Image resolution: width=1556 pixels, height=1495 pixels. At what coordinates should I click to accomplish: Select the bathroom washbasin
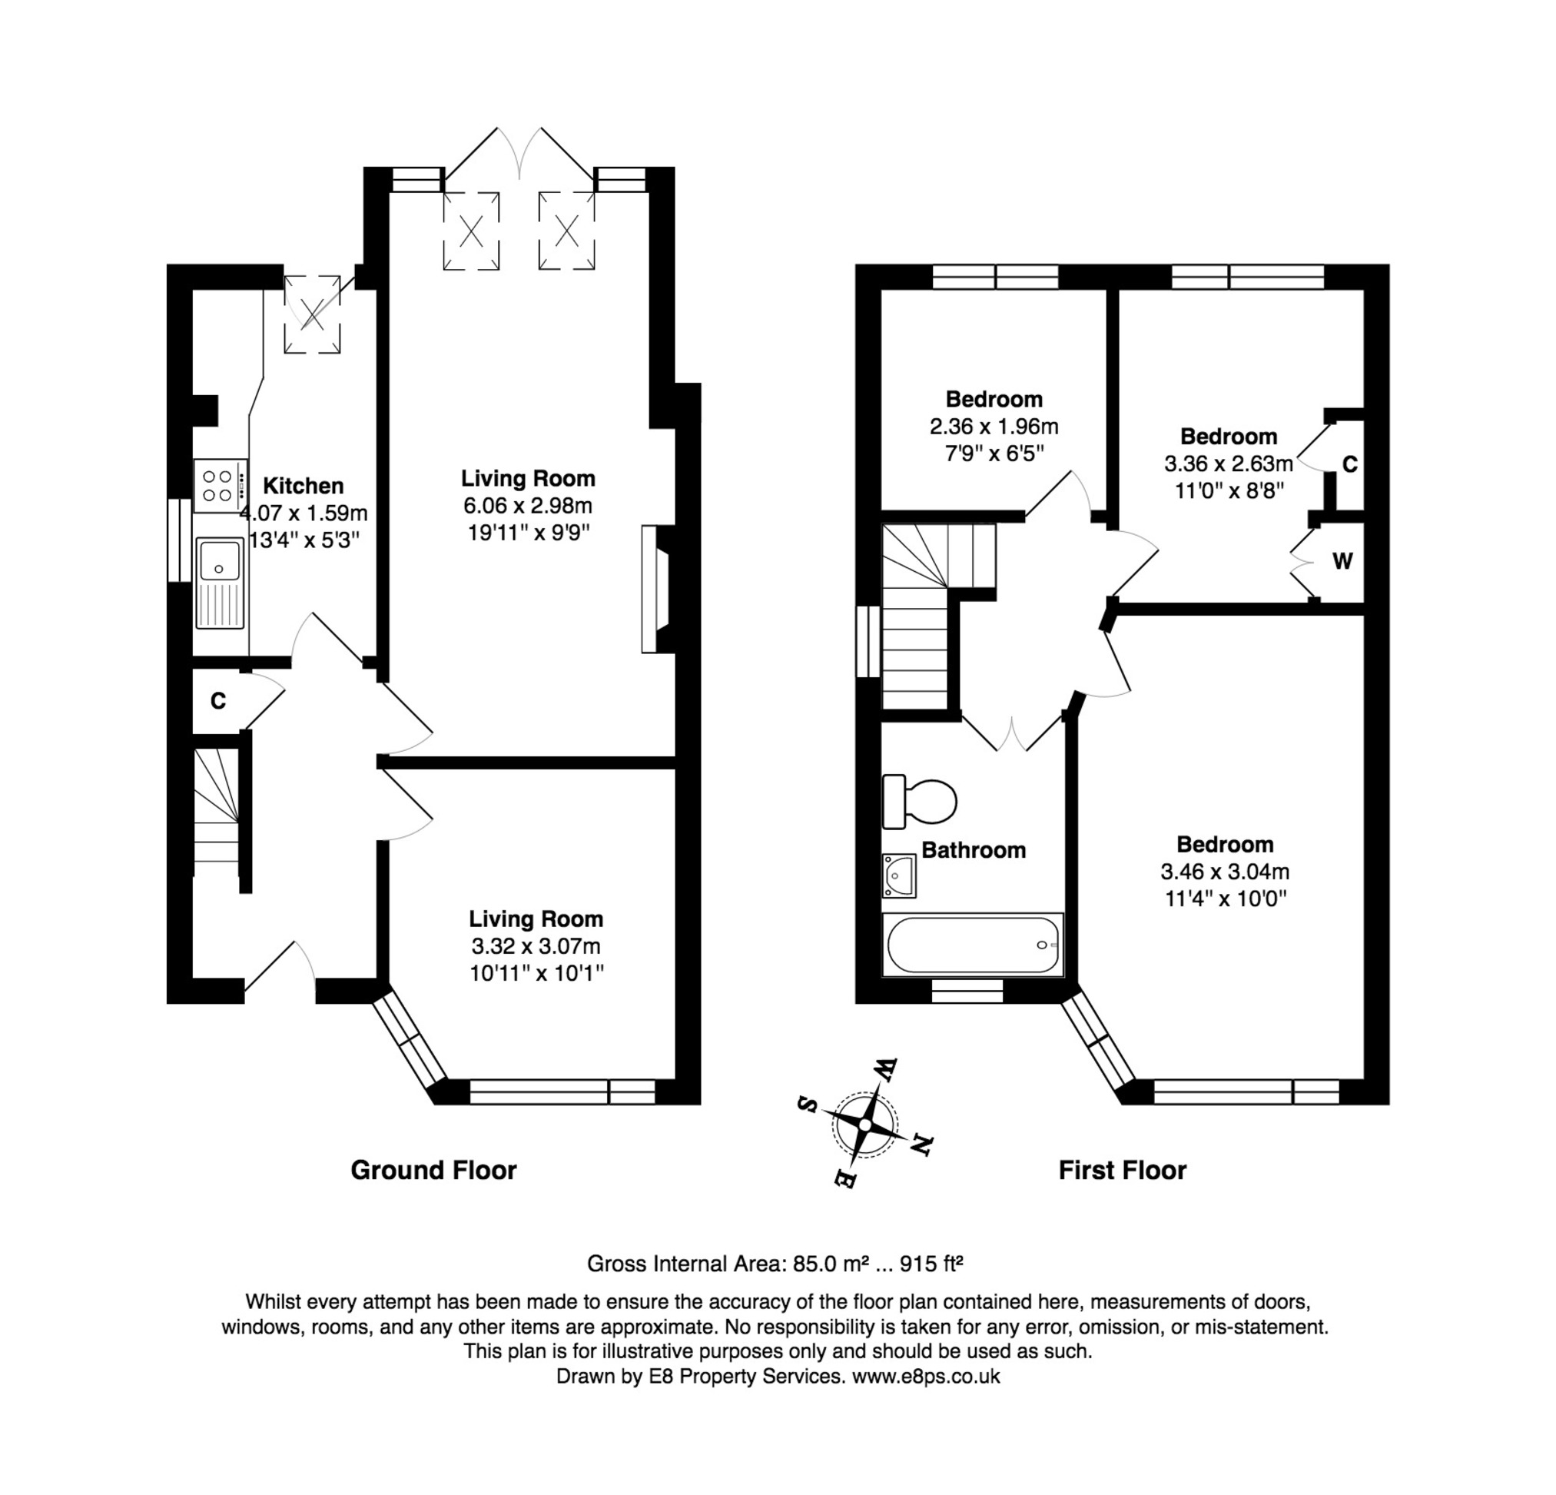click(x=899, y=875)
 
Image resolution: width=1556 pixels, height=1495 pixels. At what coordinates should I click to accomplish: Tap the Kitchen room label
click(x=304, y=485)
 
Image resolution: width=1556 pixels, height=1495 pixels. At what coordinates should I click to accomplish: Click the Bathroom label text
click(x=974, y=849)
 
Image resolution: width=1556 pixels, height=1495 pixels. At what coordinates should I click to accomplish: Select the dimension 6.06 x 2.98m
click(x=528, y=506)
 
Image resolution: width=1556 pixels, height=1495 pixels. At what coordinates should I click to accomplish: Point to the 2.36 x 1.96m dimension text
click(x=994, y=427)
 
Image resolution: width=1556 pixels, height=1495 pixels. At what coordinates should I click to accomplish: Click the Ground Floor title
click(x=433, y=1170)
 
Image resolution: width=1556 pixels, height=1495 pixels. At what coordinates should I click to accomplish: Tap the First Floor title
click(x=1123, y=1170)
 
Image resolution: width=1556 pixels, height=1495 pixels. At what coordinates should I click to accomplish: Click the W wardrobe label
click(x=1342, y=561)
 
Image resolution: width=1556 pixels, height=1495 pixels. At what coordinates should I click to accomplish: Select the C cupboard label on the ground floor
click(x=218, y=701)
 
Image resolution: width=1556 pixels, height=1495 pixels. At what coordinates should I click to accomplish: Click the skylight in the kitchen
click(x=313, y=314)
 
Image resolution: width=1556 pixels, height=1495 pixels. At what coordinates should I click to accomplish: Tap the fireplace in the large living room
click(x=655, y=588)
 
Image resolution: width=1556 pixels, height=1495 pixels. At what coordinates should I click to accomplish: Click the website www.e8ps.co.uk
click(x=926, y=1376)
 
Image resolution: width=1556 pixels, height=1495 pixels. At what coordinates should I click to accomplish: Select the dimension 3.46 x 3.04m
click(x=1225, y=872)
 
